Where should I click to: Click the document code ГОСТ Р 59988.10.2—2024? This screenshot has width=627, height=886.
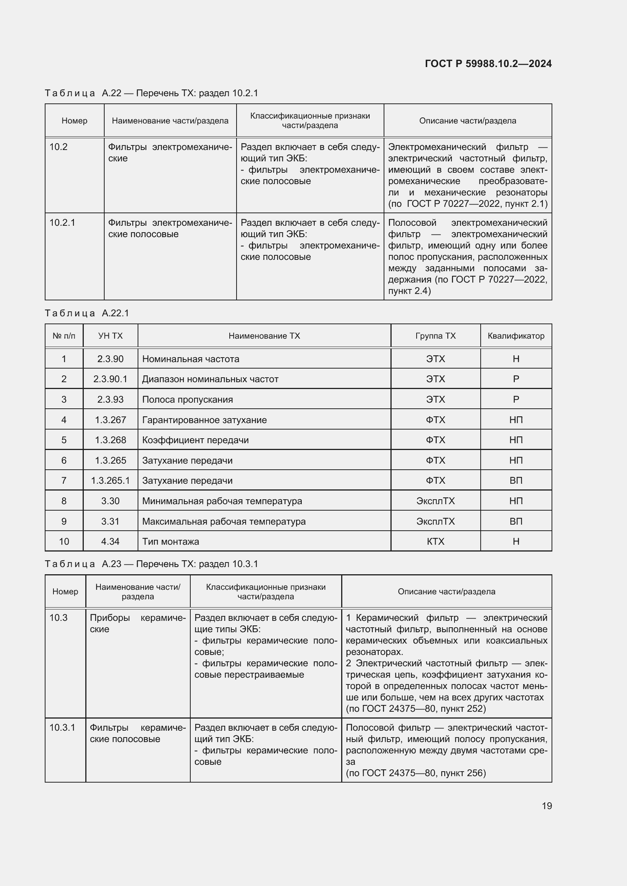[x=488, y=64]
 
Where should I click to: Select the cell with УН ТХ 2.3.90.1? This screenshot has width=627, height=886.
[x=110, y=379]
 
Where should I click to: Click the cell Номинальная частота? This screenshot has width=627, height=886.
[x=191, y=359]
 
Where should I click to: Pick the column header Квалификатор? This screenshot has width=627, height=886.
[x=516, y=336]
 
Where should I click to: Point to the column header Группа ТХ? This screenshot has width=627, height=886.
[x=436, y=336]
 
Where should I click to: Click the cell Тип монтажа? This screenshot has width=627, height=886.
[x=171, y=541]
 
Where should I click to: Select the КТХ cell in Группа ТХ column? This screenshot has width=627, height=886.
[x=436, y=541]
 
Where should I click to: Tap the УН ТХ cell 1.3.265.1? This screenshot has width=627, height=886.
[x=110, y=480]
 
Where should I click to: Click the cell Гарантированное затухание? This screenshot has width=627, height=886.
[x=204, y=420]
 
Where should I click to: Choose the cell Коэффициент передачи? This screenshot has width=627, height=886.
[x=195, y=440]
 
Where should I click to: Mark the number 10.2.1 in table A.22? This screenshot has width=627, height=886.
[x=62, y=223]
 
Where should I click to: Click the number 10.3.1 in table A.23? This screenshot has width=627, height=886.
[x=62, y=727]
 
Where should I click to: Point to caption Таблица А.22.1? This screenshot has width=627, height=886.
[x=87, y=313]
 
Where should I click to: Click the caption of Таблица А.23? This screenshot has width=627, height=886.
[x=151, y=564]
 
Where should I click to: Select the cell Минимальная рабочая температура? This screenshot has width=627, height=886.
[x=222, y=501]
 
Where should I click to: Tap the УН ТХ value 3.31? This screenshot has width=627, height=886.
[x=110, y=521]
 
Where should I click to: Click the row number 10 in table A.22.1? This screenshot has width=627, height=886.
[x=64, y=541]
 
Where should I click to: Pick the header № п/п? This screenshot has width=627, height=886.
[x=64, y=336]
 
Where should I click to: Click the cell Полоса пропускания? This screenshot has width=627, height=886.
[x=188, y=399]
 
